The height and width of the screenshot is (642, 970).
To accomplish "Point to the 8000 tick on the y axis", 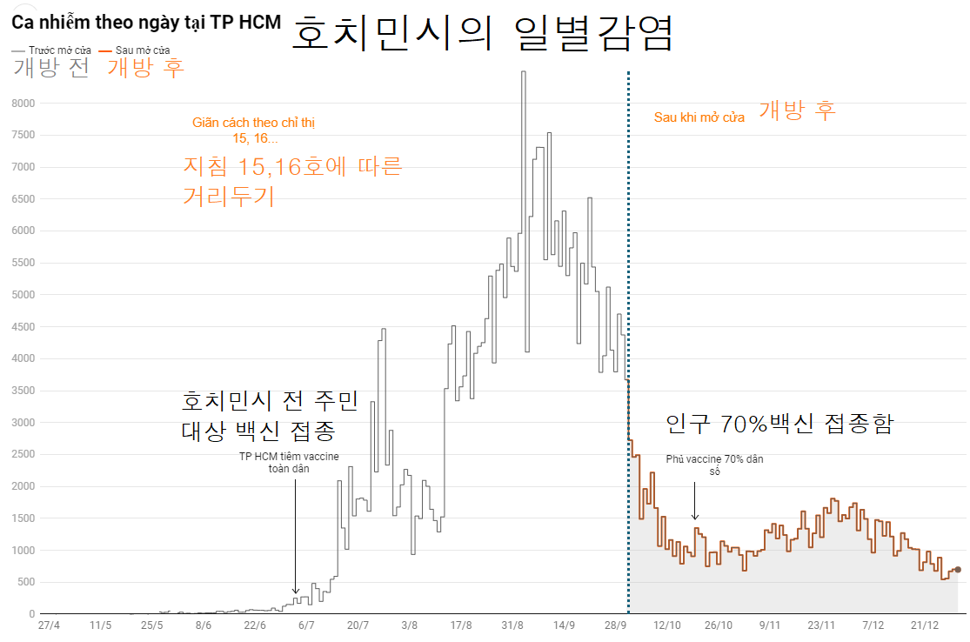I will (22, 104).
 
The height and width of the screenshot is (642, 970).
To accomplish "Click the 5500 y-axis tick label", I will (22, 263).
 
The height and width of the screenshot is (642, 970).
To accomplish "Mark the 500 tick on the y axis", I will (25, 582).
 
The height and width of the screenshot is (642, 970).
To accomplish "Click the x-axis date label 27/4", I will (50, 625).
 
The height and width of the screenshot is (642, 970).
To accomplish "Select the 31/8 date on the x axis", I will (512, 625).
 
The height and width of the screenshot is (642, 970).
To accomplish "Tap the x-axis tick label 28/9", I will (616, 625).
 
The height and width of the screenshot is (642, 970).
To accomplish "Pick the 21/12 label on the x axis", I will (924, 625).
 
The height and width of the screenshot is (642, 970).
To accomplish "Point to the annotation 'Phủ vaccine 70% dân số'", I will (714, 465).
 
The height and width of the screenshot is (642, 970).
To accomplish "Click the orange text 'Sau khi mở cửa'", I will (699, 117).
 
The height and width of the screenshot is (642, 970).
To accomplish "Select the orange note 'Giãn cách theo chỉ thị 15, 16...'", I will (254, 130).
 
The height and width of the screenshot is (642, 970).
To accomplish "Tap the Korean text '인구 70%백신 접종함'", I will (779, 425).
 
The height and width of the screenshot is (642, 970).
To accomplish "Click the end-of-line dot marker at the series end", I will (958, 570).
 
